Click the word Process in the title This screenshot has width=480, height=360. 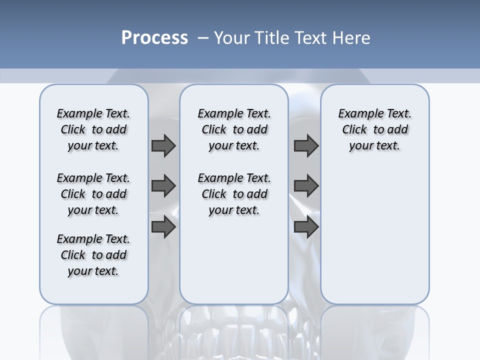154,38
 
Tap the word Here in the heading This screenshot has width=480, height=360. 352,38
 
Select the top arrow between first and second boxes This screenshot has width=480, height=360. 163,145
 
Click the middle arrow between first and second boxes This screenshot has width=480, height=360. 163,186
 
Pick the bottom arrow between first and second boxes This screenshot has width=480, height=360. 163,226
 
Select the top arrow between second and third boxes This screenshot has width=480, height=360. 306,145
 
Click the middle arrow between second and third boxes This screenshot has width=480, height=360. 306,186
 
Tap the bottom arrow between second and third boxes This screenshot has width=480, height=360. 306,226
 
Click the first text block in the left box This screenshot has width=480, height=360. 93,129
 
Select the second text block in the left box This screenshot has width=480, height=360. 93,194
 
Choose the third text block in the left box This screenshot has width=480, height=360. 93,255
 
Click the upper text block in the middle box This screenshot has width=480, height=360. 234,129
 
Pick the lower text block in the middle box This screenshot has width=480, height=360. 234,194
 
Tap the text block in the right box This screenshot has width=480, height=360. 374,129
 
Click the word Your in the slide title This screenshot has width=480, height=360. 232,38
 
